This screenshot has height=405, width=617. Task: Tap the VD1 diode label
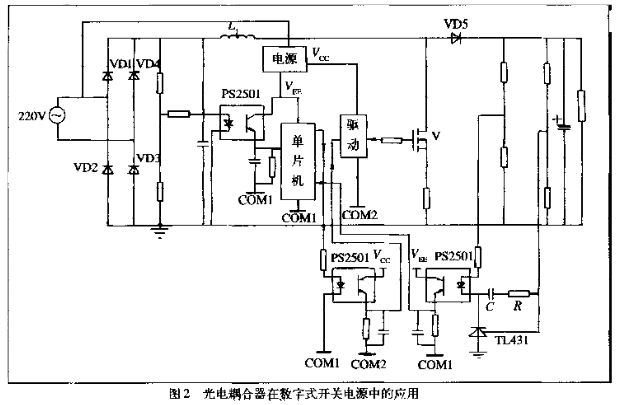[x=122, y=65]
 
